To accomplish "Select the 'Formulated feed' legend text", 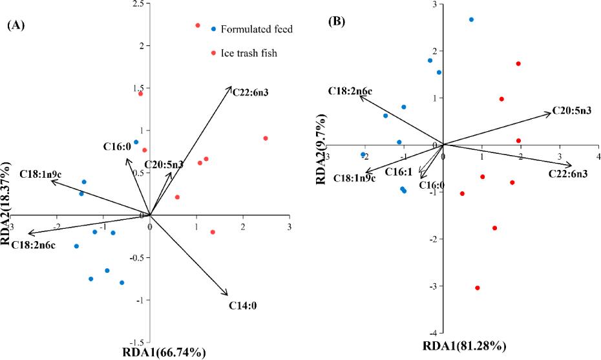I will pyautogui.click(x=257, y=29).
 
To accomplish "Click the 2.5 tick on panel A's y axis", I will pyautogui.click(x=137, y=5).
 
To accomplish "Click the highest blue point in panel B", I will pyautogui.click(x=471, y=19).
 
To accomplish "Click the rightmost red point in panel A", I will pyautogui.click(x=266, y=138).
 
